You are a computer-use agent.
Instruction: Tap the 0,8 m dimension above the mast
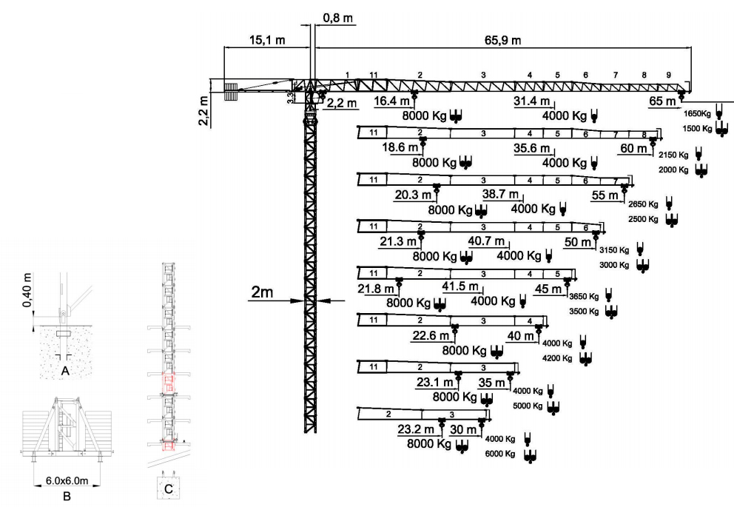point(337,16)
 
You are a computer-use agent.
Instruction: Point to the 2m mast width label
point(262,292)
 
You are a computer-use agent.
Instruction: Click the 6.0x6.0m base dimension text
point(68,481)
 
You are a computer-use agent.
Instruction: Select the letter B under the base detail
point(67,496)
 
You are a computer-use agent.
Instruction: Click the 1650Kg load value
point(698,114)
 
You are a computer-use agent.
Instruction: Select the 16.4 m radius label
point(391,101)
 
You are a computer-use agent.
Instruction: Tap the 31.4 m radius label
point(533,101)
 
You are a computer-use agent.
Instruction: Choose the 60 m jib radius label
point(633,148)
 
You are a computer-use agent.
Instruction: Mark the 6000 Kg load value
point(499,454)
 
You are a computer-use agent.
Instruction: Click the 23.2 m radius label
point(414,429)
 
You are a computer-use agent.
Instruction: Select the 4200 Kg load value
point(557,358)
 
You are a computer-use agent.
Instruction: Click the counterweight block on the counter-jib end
point(231,91)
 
